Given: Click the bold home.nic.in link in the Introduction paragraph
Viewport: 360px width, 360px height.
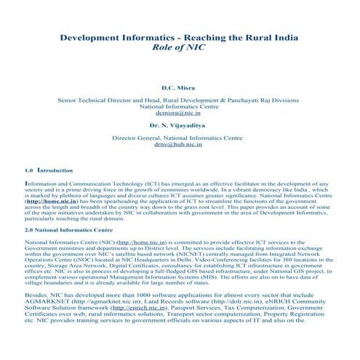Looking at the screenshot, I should click(44, 199).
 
